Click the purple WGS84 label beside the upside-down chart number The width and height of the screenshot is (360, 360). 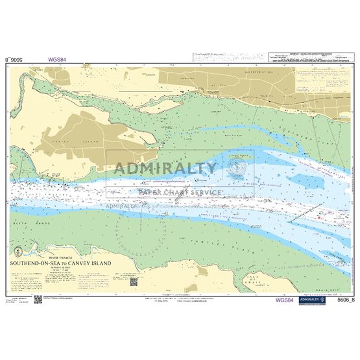pyautogui.click(x=57, y=59)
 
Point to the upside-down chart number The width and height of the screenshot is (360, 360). pyautogui.click(x=15, y=59)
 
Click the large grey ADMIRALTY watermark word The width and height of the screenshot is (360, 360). pyautogui.click(x=165, y=168)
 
